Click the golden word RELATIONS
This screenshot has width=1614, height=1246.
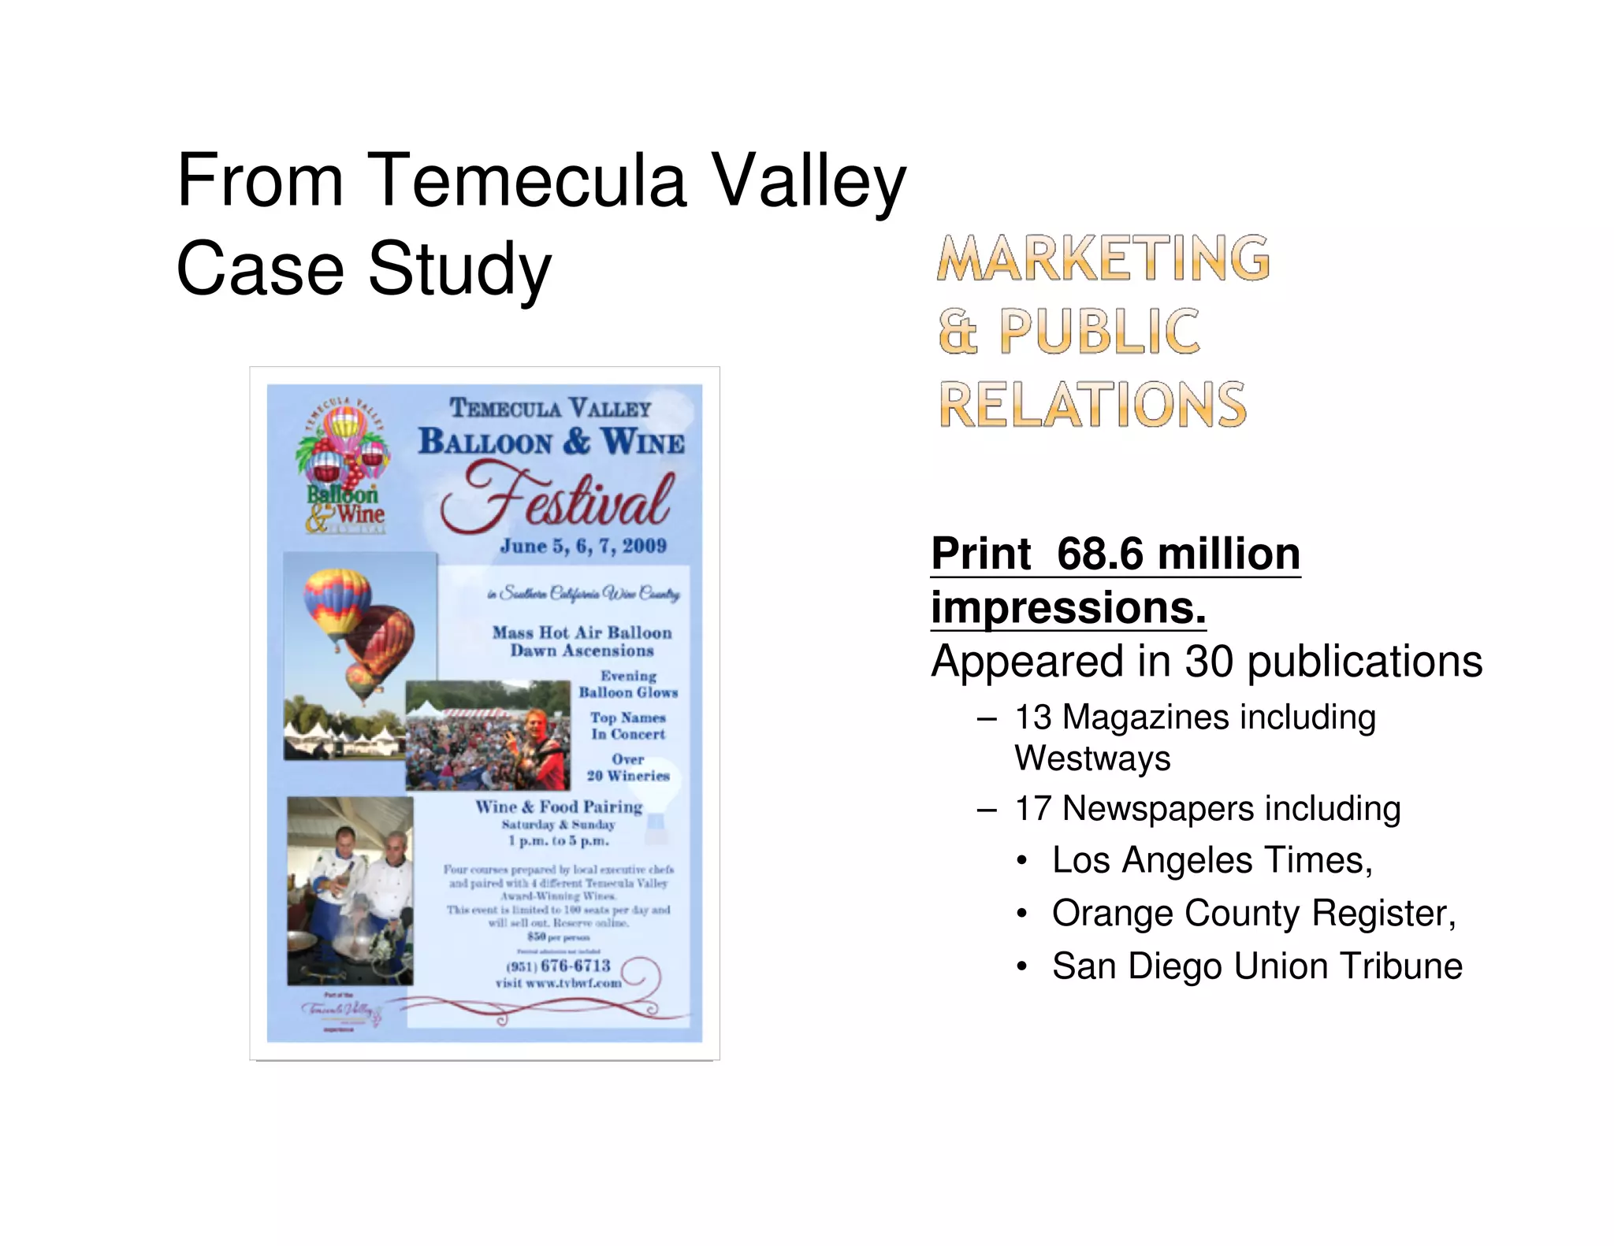[1092, 405]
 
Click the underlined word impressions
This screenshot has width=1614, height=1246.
[1068, 608]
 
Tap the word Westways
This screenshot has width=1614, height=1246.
[1092, 758]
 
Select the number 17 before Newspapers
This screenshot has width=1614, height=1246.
[1033, 809]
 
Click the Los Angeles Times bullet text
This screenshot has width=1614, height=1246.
[1211, 860]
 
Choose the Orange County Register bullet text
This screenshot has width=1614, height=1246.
[1253, 914]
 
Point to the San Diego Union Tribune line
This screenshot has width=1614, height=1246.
[1257, 966]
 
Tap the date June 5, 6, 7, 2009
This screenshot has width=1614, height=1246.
[583, 546]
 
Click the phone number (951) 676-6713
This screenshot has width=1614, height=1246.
[558, 966]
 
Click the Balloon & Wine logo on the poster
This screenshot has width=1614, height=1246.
[345, 465]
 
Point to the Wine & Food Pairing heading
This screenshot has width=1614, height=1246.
[559, 807]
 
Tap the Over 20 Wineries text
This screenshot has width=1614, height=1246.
[628, 768]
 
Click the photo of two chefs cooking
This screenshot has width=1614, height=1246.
[350, 891]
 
